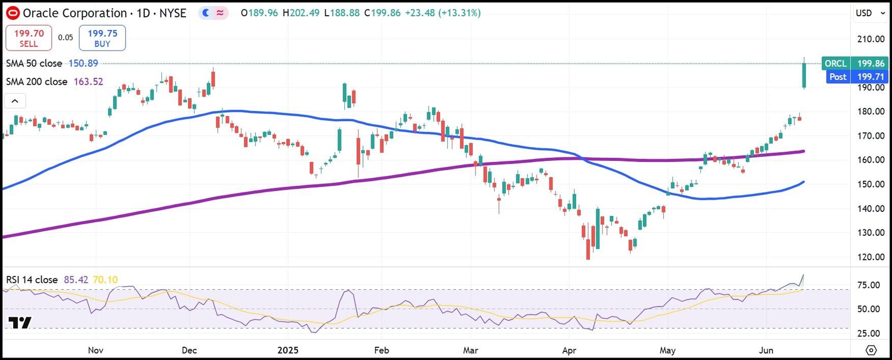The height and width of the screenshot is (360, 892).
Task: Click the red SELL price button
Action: (28, 38)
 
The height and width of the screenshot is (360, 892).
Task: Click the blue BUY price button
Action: (102, 38)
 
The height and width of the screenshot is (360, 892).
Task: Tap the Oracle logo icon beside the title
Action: (13, 13)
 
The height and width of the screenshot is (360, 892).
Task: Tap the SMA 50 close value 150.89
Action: (83, 63)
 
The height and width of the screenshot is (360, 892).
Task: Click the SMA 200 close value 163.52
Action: (88, 82)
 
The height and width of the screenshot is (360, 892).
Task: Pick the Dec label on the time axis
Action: (189, 350)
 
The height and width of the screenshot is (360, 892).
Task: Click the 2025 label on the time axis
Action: (287, 350)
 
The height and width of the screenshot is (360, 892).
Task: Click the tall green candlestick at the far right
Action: (804, 75)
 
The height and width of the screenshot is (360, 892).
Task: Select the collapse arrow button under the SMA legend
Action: (15, 102)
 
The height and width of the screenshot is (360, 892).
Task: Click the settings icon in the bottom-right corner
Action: (871, 350)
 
